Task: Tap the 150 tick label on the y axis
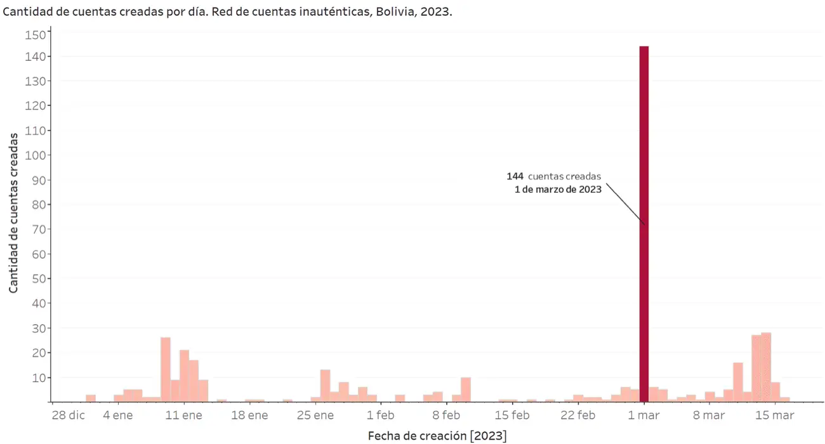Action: tap(35, 35)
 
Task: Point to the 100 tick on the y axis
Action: tap(35, 155)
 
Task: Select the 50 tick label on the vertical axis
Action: tap(37, 278)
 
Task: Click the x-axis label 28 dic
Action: tap(68, 416)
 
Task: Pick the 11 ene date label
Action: tap(184, 416)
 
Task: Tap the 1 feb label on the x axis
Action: tap(381, 416)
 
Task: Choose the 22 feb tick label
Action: tap(577, 416)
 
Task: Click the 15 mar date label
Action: tap(774, 416)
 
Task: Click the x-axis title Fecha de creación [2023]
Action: tap(437, 436)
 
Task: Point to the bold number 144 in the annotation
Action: tap(515, 176)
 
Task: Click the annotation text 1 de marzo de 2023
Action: tap(558, 189)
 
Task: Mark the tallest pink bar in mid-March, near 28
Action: tap(766, 367)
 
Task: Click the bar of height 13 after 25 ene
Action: tap(325, 386)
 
